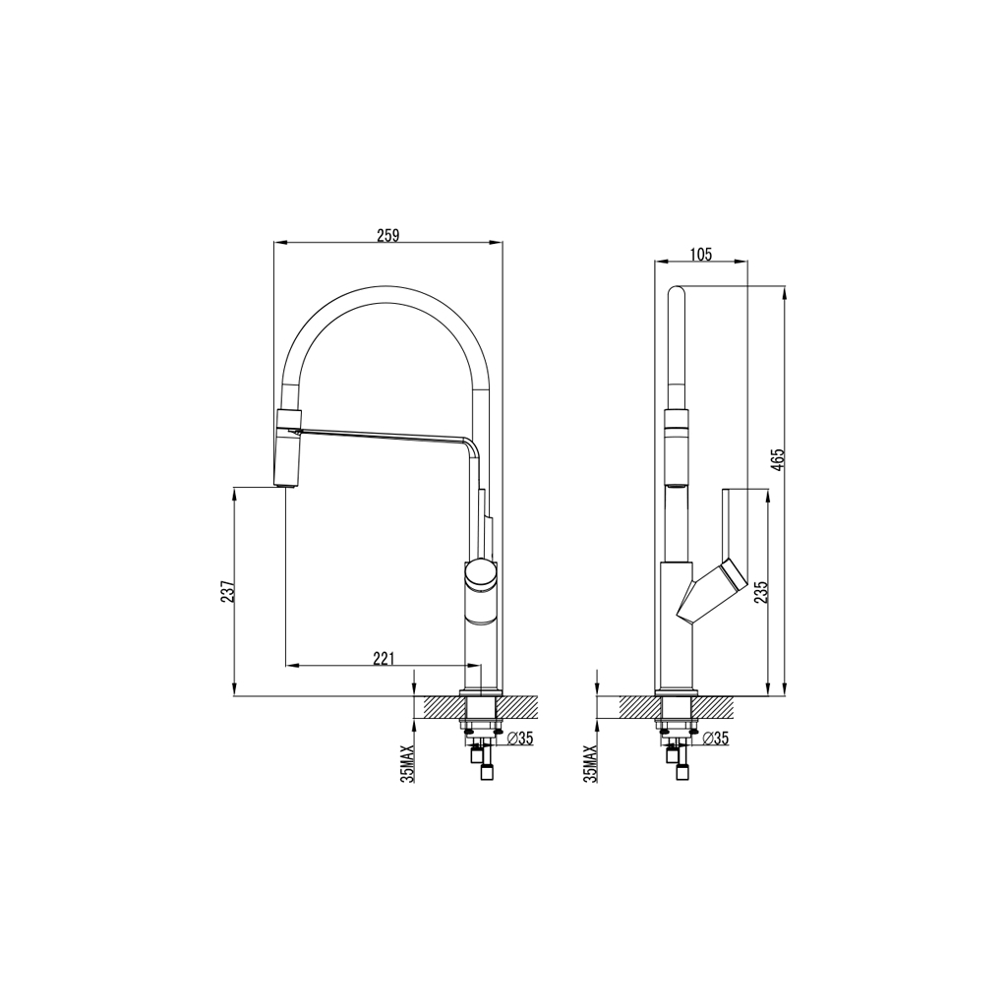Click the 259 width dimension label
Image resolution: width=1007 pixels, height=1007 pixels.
click(x=388, y=235)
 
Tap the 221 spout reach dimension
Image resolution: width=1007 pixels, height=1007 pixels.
click(x=384, y=658)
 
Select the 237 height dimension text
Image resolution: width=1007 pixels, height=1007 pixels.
click(x=228, y=590)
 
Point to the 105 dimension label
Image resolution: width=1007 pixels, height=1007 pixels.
click(x=700, y=255)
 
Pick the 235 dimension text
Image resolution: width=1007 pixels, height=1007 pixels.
click(x=760, y=591)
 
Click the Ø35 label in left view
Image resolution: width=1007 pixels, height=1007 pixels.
click(x=520, y=739)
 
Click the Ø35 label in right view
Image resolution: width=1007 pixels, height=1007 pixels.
click(x=715, y=739)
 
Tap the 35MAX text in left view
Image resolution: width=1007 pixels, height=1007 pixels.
click(x=407, y=763)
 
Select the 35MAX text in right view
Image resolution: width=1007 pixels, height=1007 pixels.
click(x=590, y=763)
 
